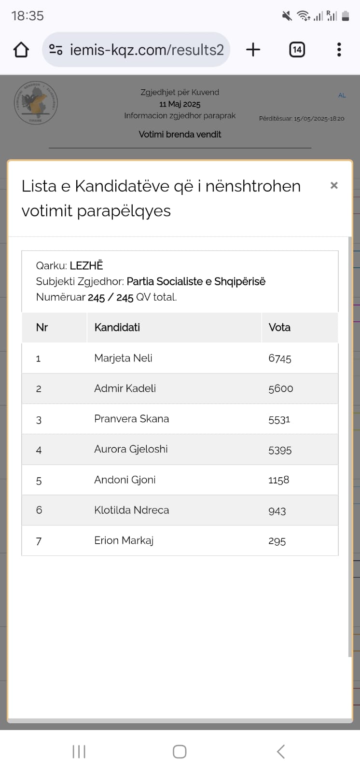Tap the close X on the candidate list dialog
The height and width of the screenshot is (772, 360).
click(x=334, y=185)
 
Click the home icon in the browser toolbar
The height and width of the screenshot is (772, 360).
click(x=21, y=50)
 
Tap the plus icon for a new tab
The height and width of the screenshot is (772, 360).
click(x=253, y=49)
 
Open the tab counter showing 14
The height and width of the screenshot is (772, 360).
click(x=297, y=49)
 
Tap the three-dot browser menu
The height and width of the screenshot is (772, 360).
click(x=339, y=49)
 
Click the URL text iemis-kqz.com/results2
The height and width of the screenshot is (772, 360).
click(x=147, y=50)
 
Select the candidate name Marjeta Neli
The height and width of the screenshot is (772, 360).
click(x=123, y=358)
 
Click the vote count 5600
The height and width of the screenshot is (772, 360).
click(x=280, y=388)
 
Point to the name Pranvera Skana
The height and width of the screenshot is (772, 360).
click(x=131, y=419)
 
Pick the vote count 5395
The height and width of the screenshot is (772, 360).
click(x=280, y=450)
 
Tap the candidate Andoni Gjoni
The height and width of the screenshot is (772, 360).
click(x=125, y=480)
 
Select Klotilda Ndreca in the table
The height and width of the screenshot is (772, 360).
click(x=131, y=510)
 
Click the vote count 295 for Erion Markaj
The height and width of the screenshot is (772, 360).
click(x=277, y=541)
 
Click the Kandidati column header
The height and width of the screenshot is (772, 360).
click(x=117, y=327)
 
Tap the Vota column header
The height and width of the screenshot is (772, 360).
click(x=279, y=327)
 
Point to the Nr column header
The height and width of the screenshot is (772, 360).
click(x=42, y=327)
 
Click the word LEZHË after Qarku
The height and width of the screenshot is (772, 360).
click(x=86, y=265)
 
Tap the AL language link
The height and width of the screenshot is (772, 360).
click(x=342, y=96)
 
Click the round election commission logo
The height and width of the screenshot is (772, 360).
click(x=35, y=103)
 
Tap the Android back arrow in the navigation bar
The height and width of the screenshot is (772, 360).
click(x=281, y=751)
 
